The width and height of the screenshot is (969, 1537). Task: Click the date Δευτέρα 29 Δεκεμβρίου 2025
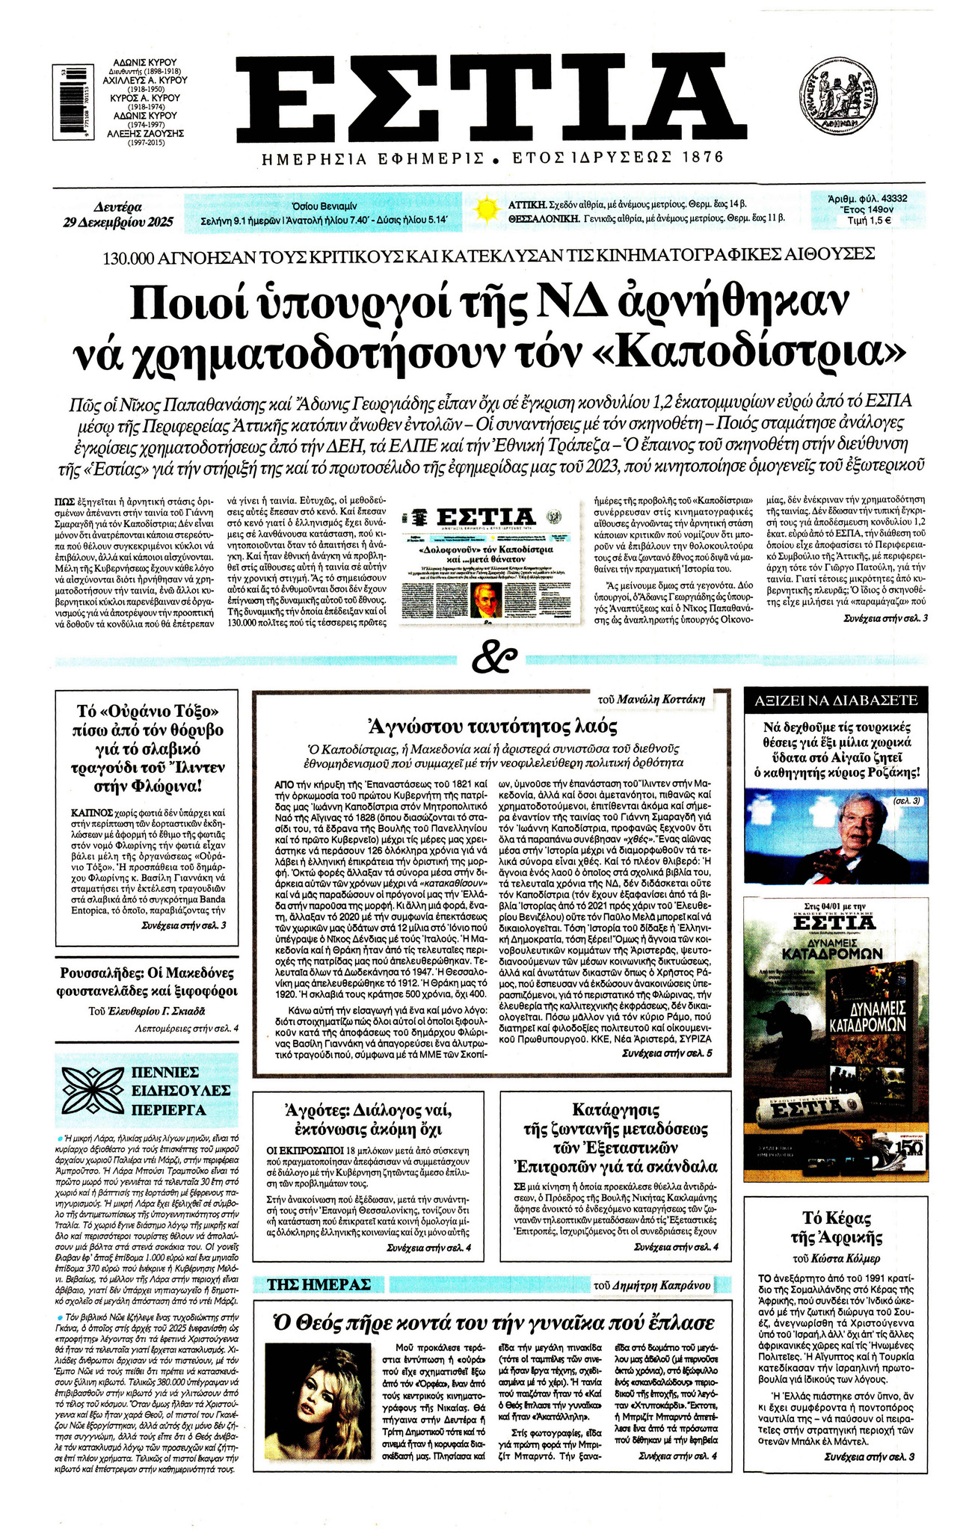(118, 215)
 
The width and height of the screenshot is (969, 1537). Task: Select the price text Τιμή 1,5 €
(868, 221)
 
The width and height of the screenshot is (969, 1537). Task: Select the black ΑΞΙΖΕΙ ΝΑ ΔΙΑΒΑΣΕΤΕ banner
(835, 700)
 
